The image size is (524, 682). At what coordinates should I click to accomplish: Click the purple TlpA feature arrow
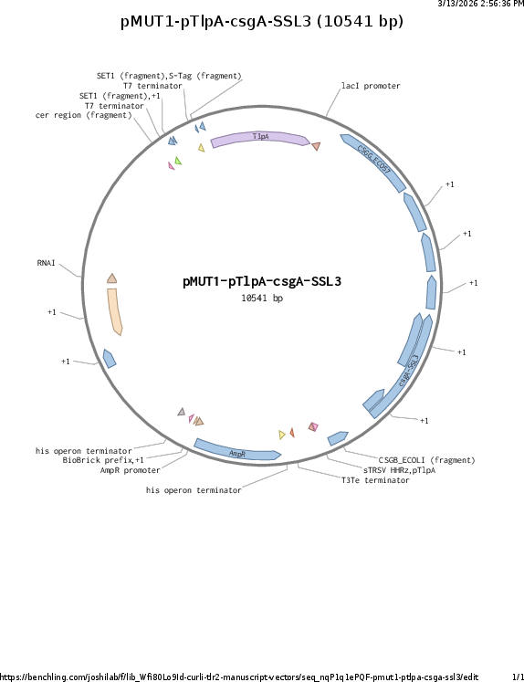pos(260,138)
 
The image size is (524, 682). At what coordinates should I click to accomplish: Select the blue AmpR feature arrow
pos(237,452)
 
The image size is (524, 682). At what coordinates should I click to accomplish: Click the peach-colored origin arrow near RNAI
pos(114,311)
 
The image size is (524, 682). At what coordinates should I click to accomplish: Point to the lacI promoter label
pos(371,86)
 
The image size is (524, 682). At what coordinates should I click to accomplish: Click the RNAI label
pos(46,263)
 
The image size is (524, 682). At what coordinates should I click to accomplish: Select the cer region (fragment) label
pos(83,115)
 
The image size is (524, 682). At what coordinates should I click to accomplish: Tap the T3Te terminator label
pos(375,480)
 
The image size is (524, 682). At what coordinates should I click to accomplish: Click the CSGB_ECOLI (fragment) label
pos(426,460)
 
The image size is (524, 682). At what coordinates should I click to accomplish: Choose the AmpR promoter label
pos(130,470)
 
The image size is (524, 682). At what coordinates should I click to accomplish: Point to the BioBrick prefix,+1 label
pos(103,460)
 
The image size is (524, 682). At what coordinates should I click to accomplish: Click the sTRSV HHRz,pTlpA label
pos(399,470)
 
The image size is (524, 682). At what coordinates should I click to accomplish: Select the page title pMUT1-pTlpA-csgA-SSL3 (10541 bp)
pos(262,21)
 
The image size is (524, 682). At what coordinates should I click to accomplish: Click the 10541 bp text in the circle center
pos(262,298)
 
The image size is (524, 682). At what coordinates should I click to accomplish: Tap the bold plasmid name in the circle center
pos(262,281)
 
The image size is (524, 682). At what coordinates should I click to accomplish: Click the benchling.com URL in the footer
pos(239,677)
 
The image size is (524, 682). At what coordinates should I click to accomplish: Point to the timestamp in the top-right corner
pos(480,4)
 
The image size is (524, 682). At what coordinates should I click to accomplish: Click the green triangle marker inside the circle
pos(178,161)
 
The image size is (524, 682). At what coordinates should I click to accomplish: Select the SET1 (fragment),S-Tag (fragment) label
pos(169,76)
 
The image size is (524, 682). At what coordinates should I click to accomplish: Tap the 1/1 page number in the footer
pos(518,677)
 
